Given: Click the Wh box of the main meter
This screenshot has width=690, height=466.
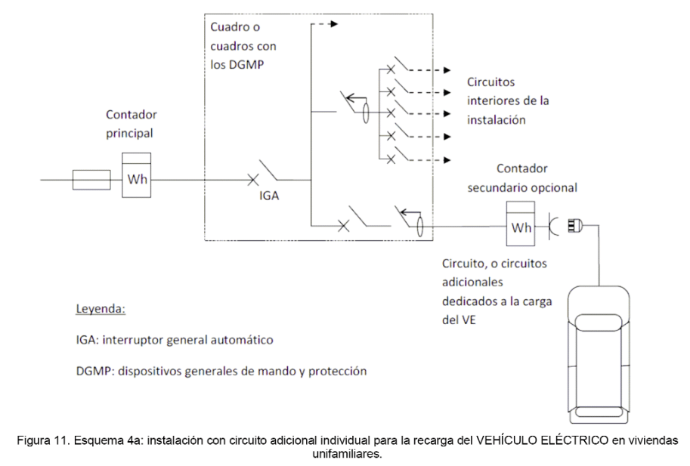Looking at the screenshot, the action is pyautogui.click(x=137, y=175).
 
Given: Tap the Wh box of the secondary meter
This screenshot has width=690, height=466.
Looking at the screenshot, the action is pyautogui.click(x=521, y=224).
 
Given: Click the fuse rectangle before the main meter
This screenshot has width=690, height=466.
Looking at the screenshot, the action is pyautogui.click(x=91, y=180).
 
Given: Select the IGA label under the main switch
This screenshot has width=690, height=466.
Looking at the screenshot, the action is pyautogui.click(x=269, y=196).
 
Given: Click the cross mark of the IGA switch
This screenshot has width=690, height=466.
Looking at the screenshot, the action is pyautogui.click(x=252, y=179).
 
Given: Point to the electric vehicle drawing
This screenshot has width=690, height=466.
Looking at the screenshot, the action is pyautogui.click(x=599, y=354).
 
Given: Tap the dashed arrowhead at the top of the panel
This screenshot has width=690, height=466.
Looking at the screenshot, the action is pyautogui.click(x=334, y=23).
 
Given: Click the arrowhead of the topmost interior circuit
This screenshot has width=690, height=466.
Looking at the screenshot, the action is pyautogui.click(x=447, y=70).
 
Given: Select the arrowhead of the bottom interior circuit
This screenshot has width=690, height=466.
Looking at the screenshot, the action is pyautogui.click(x=447, y=160).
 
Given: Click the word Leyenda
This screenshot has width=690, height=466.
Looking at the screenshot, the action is pyautogui.click(x=101, y=309).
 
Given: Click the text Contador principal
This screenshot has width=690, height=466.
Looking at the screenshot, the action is pyautogui.click(x=132, y=124).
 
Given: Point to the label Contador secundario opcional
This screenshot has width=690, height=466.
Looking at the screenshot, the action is pyautogui.click(x=522, y=178).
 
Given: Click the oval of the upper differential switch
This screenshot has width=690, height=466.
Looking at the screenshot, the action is pyautogui.click(x=365, y=113).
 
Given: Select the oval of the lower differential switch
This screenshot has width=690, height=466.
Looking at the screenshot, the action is pyautogui.click(x=419, y=226).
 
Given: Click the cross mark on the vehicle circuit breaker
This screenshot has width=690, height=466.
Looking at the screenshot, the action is pyautogui.click(x=344, y=226).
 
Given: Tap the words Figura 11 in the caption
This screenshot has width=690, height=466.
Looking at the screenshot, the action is pyautogui.click(x=41, y=440).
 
